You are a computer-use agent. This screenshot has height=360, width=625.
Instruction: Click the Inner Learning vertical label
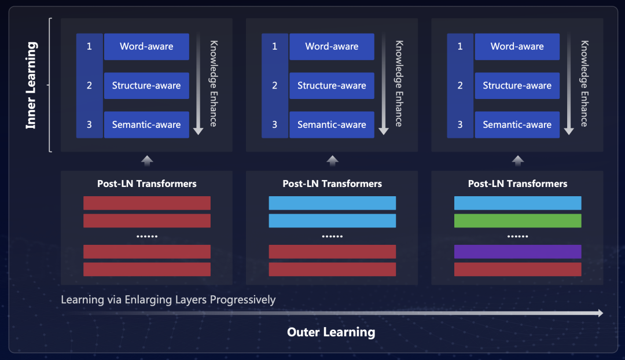(31, 85)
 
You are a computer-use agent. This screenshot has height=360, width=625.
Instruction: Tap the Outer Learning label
(331, 332)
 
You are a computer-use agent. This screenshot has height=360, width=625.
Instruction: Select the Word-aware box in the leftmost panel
(146, 47)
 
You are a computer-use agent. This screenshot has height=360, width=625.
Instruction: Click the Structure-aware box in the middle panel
(332, 86)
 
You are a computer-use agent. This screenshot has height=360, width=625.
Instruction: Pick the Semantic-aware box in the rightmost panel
(517, 124)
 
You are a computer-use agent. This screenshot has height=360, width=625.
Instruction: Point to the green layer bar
(517, 221)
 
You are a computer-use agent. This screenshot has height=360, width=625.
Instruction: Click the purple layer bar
(517, 252)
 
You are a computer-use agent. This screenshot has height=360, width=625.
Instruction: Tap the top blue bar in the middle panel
(332, 203)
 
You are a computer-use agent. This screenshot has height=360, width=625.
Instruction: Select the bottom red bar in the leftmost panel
(147, 269)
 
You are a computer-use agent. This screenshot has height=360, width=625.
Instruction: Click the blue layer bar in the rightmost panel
(517, 203)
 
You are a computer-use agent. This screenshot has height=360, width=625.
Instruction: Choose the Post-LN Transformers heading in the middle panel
(332, 184)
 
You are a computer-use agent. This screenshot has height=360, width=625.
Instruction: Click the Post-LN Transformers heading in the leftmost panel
(147, 184)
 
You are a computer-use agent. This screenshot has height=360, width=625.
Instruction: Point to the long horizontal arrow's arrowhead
(600, 313)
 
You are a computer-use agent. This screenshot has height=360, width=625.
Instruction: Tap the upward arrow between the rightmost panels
(518, 160)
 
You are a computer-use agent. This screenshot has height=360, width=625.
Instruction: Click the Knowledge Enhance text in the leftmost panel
(214, 83)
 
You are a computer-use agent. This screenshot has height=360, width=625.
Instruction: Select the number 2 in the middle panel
(274, 86)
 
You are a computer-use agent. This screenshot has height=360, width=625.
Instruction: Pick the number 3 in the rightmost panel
(460, 124)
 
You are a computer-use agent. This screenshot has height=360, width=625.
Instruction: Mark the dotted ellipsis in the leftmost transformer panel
(147, 236)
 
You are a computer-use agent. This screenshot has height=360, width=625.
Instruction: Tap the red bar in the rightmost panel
(517, 269)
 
